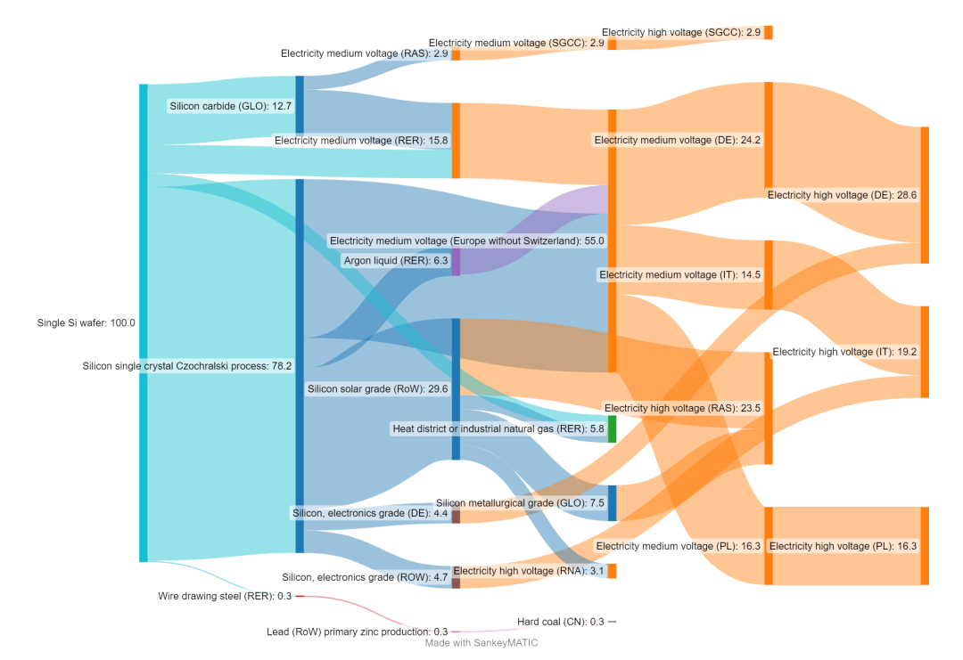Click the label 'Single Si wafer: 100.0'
[86, 323]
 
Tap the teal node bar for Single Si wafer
[143, 323]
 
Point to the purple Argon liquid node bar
[456, 262]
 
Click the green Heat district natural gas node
[612, 429]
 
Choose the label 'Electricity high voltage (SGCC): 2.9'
[681, 33]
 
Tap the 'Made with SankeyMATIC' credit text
[481, 642]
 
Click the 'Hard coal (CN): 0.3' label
[561, 622]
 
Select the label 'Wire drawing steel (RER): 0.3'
[225, 596]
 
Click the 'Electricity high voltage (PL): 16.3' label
[843, 546]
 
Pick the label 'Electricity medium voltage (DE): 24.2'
[677, 140]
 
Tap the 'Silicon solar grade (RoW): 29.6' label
[378, 389]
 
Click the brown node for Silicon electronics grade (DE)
[456, 516]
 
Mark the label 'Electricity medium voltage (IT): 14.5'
[679, 275]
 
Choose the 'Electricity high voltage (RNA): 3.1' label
[529, 571]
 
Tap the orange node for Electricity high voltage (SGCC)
[769, 33]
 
